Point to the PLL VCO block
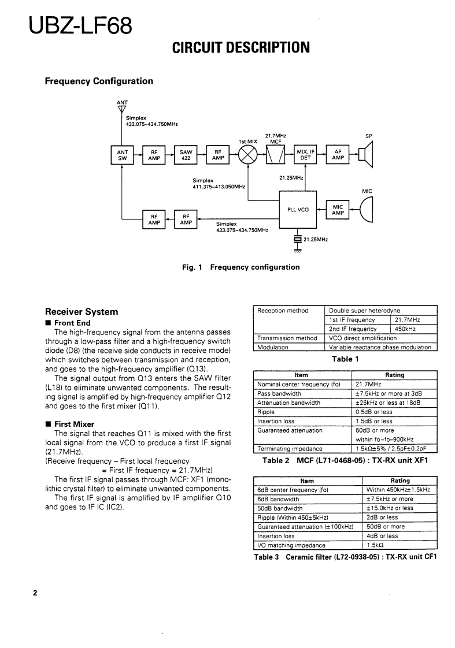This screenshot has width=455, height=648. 298,209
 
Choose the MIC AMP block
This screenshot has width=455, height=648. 338,209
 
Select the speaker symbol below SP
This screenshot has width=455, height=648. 365,154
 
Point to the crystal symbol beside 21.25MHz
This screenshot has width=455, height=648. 298,238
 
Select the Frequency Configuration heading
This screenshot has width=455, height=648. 99,81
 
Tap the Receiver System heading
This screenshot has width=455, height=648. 82,312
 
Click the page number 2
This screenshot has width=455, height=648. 35,593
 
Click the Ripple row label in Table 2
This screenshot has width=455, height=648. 265,412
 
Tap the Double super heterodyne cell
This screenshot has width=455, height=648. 365,311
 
